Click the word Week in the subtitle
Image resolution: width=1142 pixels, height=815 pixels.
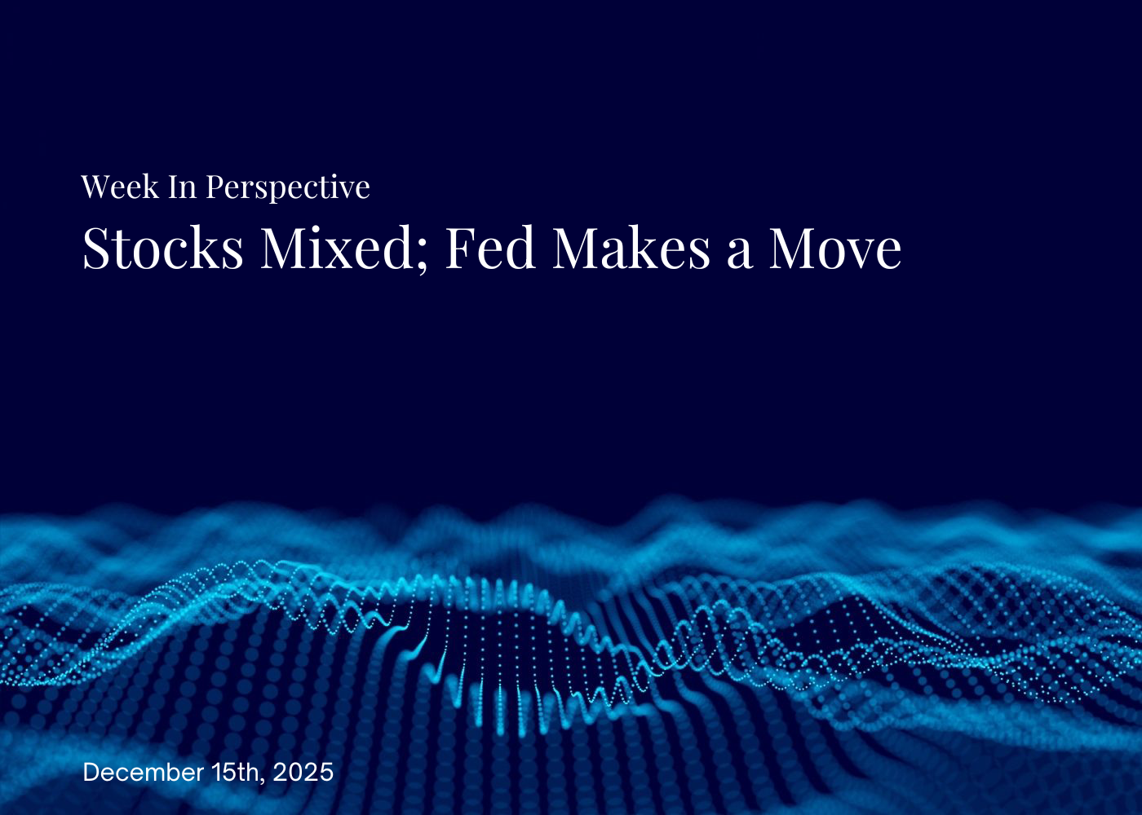pyautogui.click(x=120, y=187)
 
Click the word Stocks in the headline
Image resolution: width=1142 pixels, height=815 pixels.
pyautogui.click(x=163, y=249)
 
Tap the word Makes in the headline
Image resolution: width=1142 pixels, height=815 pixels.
pyautogui.click(x=631, y=249)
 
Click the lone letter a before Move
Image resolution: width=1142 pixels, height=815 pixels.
pyautogui.click(x=739, y=253)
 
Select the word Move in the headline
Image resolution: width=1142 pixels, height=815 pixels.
pyautogui.click(x=835, y=249)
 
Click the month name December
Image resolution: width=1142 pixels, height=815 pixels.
pyautogui.click(x=144, y=772)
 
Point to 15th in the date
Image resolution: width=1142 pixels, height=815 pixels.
pyautogui.click(x=237, y=772)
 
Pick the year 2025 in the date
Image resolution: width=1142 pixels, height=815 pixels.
pyautogui.click(x=303, y=772)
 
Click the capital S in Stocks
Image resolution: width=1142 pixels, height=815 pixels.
pyautogui.click(x=95, y=249)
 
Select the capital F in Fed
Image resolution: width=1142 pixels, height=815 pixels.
pyautogui.click(x=460, y=249)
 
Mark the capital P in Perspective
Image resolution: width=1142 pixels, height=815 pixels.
pyautogui.click(x=215, y=187)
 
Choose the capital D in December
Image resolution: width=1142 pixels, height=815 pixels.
pyautogui.click(x=91, y=772)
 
